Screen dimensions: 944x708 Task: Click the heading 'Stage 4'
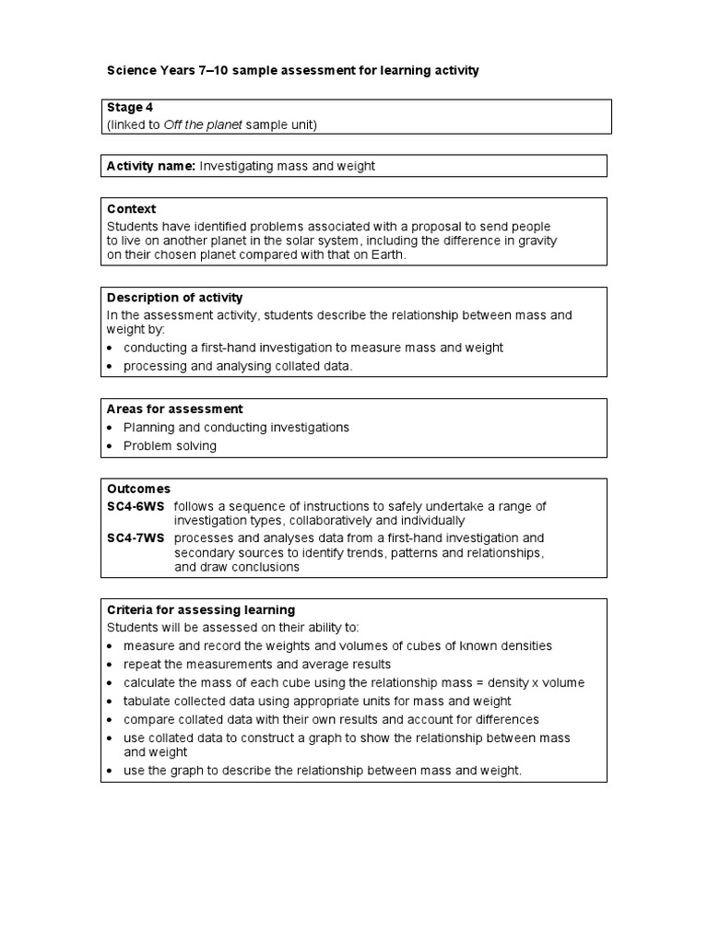130,108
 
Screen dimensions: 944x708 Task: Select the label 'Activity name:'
151,166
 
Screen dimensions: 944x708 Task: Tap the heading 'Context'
132,209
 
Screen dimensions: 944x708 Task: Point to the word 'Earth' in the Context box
386,255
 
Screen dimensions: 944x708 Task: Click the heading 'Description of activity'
175,298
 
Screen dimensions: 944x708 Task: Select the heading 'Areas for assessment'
175,409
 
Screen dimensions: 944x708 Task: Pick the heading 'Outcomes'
139,489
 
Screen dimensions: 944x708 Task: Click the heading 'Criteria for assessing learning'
201,610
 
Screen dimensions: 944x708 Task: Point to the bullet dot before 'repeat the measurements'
111,665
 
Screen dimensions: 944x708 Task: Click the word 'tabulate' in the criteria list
147,702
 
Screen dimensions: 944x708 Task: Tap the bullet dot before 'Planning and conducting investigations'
111,428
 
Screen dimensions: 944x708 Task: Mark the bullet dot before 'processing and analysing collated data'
111,367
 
